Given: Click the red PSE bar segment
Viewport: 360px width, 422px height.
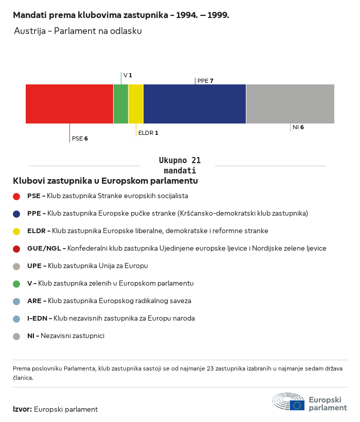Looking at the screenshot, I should pyautogui.click(x=69, y=104).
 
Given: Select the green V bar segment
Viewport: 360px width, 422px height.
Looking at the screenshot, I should pyautogui.click(x=121, y=104).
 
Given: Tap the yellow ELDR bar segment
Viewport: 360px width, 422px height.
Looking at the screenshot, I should pyautogui.click(x=136, y=104).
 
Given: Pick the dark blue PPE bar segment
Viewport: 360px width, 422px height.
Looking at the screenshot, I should pyautogui.click(x=194, y=104).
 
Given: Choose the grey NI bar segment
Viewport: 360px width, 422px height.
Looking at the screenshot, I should pyautogui.click(x=290, y=104).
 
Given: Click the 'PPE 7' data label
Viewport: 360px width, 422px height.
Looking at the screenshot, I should pyautogui.click(x=205, y=81).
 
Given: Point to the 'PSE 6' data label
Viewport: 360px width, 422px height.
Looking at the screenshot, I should pyautogui.click(x=80, y=138).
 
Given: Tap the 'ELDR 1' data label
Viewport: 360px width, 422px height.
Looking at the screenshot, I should pyautogui.click(x=148, y=133).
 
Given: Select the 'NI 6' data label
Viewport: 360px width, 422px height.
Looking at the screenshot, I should pyautogui.click(x=298, y=127).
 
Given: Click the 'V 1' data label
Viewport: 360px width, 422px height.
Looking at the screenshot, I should pyautogui.click(x=128, y=75).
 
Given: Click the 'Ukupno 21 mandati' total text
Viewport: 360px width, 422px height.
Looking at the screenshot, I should pyautogui.click(x=179, y=165).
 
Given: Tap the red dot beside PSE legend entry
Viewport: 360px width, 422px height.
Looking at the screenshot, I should pyautogui.click(x=16, y=196).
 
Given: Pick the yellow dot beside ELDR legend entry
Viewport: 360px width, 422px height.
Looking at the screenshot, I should pyautogui.click(x=16, y=231).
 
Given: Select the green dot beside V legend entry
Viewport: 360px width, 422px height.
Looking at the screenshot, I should pyautogui.click(x=16, y=284).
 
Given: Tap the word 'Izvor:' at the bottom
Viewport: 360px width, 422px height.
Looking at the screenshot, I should pyautogui.click(x=23, y=409).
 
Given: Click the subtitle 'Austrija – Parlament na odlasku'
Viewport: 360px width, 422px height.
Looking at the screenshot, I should pyautogui.click(x=78, y=31).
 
